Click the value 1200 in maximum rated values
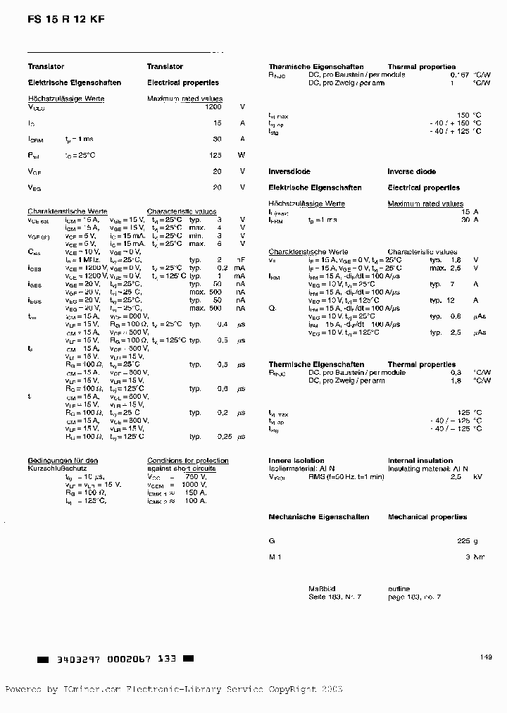click(x=213, y=107)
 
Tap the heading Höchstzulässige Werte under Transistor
click(x=65, y=99)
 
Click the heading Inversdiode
click(x=289, y=171)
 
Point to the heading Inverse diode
click(x=411, y=171)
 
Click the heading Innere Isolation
click(x=296, y=460)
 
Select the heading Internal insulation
click(x=420, y=460)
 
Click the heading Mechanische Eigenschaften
click(x=318, y=516)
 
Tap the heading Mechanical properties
click(x=427, y=516)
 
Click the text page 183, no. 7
click(x=414, y=597)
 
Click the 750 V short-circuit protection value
click(x=195, y=476)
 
